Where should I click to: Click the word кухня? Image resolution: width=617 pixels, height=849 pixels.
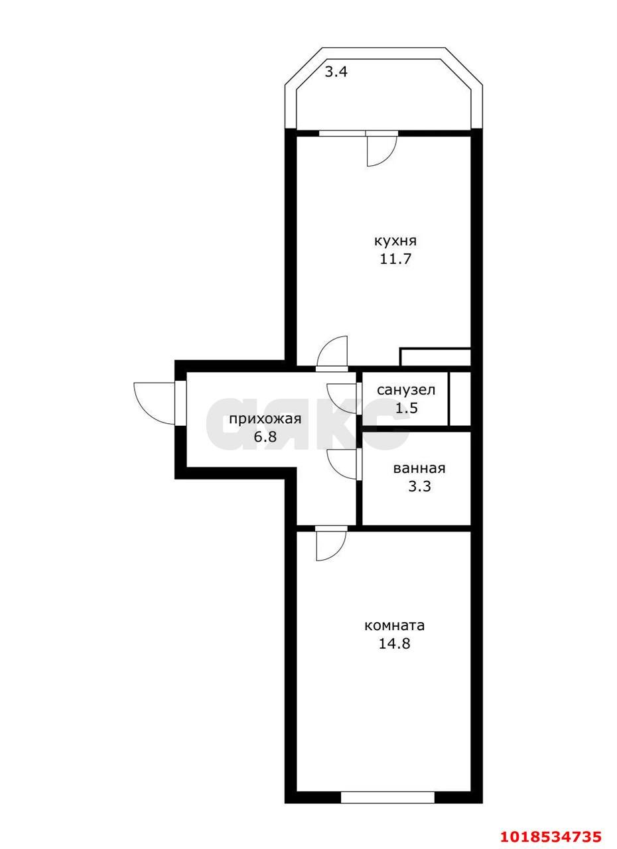tap(395, 241)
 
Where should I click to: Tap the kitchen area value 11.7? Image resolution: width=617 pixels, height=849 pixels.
tap(395, 259)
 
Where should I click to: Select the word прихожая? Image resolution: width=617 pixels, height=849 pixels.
tap(265, 420)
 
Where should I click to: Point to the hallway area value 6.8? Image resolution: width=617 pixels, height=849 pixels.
tap(265, 437)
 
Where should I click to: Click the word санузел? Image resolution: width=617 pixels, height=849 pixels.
tap(406, 390)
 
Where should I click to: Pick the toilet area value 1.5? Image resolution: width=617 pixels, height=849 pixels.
tap(407, 408)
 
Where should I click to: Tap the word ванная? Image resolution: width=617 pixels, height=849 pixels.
tap(419, 469)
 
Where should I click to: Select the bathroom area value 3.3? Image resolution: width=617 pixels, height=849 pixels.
tap(419, 486)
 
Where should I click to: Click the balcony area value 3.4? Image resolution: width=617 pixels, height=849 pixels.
tap(336, 72)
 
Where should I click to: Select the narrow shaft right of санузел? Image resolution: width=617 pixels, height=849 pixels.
tap(460, 399)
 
